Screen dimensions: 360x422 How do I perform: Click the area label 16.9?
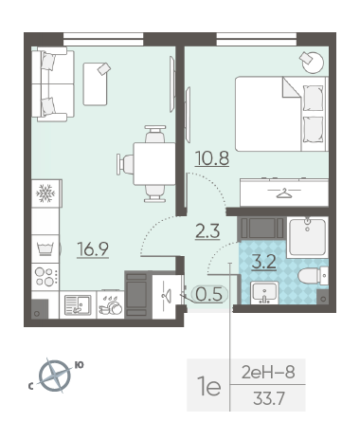[93, 248]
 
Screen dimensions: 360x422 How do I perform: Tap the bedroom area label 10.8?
[212, 158]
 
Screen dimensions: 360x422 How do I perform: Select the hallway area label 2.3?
[207, 231]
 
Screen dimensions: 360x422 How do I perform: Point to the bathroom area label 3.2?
[264, 262]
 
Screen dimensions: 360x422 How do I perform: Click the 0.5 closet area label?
[209, 294]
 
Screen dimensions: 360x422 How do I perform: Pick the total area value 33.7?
[269, 398]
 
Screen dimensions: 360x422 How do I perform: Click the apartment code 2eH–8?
[268, 372]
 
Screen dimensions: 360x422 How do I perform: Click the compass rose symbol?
[54, 376]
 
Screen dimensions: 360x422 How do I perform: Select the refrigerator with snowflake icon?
[45, 193]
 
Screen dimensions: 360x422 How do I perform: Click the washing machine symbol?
[45, 248]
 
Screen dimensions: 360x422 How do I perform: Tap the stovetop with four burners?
[45, 277]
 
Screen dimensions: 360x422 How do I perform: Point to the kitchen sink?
[78, 305]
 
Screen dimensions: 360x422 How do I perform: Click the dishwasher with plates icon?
[111, 305]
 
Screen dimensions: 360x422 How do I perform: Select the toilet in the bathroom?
[313, 275]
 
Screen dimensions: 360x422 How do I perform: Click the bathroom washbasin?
[264, 293]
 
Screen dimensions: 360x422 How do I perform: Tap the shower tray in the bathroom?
[308, 236]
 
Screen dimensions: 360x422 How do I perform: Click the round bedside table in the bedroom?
[313, 63]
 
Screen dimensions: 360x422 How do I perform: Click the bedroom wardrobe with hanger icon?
[284, 193]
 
